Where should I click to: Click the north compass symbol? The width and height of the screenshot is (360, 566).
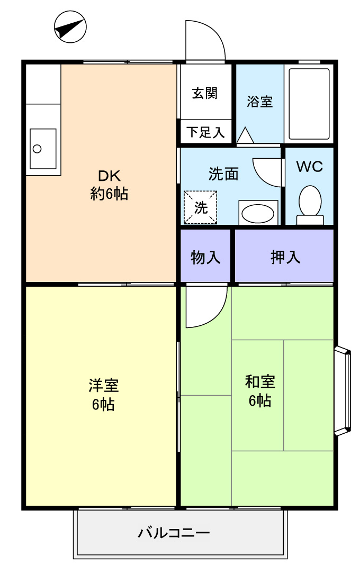coord(70,26)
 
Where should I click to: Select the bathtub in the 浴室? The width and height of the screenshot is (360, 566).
coord(309,104)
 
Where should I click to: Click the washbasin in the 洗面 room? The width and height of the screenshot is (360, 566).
coord(258,213)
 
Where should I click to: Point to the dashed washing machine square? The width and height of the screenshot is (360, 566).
coord(200,207)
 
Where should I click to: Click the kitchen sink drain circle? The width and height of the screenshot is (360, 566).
coord(37,148)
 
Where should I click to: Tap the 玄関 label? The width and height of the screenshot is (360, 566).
coord(205,93)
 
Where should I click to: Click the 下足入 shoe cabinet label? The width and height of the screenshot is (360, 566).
coord(205,132)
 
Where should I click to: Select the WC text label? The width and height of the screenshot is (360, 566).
coord(309,167)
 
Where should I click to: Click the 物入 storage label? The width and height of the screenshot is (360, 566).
coord(205,258)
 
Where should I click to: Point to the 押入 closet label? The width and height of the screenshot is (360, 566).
coord(285,257)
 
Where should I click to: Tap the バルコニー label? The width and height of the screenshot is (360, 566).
coord(174,533)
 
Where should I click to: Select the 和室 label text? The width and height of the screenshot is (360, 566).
coord(260,381)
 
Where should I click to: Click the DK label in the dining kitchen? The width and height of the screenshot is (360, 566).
coord(109,176)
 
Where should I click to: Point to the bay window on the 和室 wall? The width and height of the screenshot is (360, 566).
coord(343,391)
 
